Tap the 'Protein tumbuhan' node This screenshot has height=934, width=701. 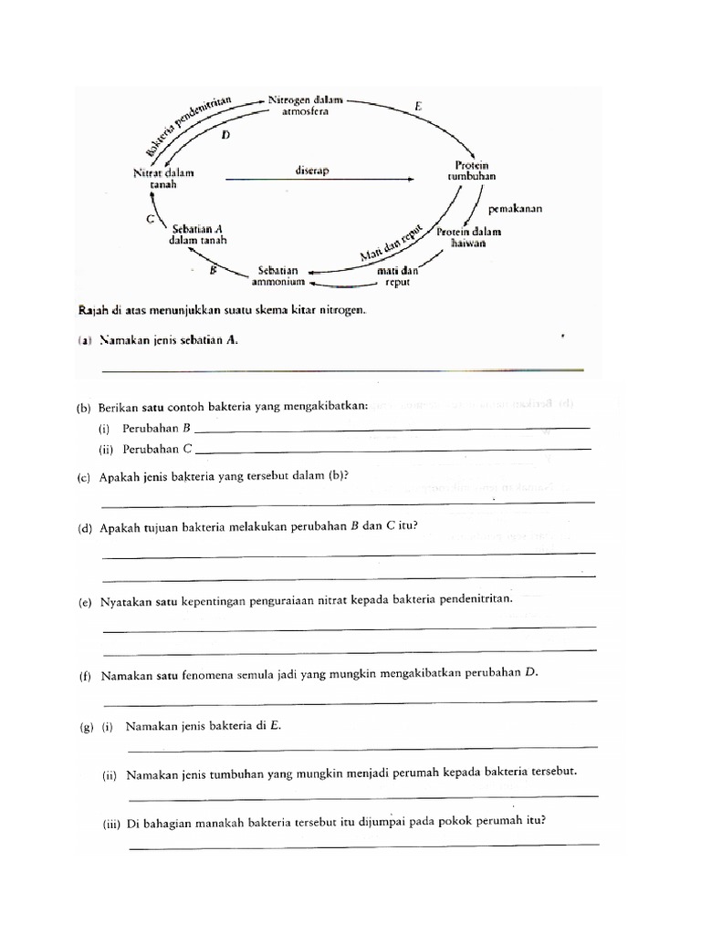pos(471,171)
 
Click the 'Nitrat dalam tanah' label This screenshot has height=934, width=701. pos(163,178)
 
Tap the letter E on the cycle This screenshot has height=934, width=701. pos(418,107)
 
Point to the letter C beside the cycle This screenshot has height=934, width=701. pos(150,219)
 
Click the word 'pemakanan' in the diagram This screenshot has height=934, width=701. pos(515,208)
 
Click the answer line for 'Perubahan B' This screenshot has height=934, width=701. pos(392,429)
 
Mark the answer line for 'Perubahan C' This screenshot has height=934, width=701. pos(392,449)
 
